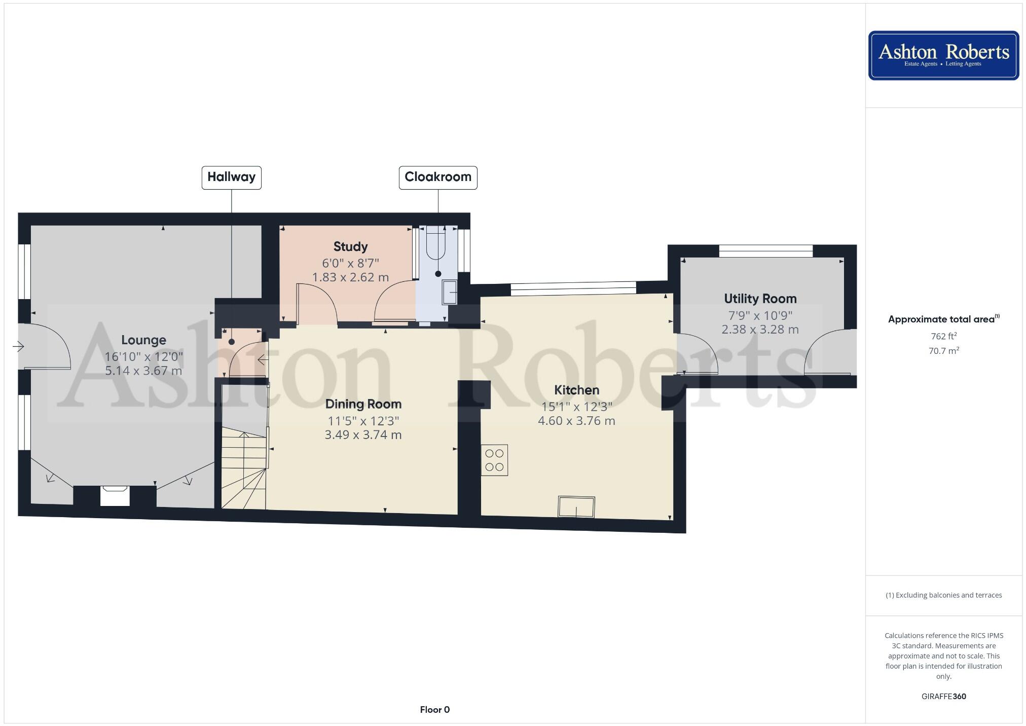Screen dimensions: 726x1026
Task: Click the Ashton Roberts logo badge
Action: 943,55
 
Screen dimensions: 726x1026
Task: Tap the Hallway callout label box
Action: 231,177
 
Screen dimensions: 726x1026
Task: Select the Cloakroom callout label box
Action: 438,177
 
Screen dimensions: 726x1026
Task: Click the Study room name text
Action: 350,247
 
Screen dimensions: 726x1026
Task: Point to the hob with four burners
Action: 494,460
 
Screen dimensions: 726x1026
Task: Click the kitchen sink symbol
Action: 576,506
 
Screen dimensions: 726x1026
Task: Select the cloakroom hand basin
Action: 449,293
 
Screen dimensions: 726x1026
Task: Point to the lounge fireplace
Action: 115,495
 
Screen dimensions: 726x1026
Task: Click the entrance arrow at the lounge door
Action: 19,347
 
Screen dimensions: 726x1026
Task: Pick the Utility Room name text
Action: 760,299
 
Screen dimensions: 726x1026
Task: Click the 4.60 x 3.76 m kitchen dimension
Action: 576,421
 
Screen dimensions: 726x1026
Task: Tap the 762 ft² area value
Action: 943,336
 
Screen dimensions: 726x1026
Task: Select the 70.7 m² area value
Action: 943,351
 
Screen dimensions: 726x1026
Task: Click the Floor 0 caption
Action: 434,710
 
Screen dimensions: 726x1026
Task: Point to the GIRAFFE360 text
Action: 943,696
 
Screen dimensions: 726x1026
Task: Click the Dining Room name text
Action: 363,404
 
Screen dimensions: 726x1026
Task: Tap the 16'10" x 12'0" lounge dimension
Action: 143,357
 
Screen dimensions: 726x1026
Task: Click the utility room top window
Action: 765,250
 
